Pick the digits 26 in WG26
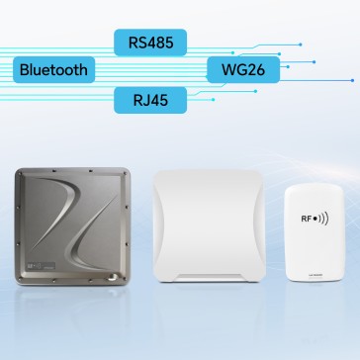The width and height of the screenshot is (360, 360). point(253,69)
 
